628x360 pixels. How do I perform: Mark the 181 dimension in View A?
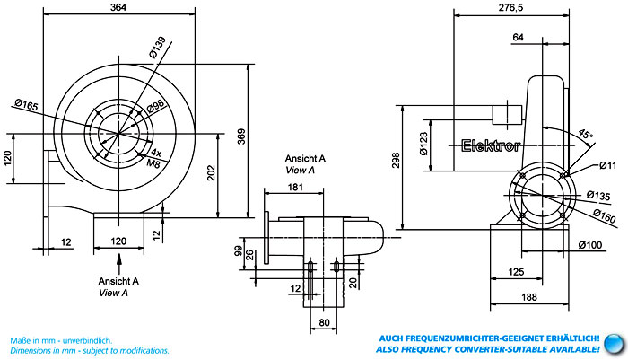[296, 187]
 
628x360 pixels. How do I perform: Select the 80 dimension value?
[324, 323]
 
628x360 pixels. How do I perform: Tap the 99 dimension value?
[239, 251]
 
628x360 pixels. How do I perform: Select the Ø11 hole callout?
[608, 165]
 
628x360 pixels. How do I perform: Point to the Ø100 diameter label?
[589, 244]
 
